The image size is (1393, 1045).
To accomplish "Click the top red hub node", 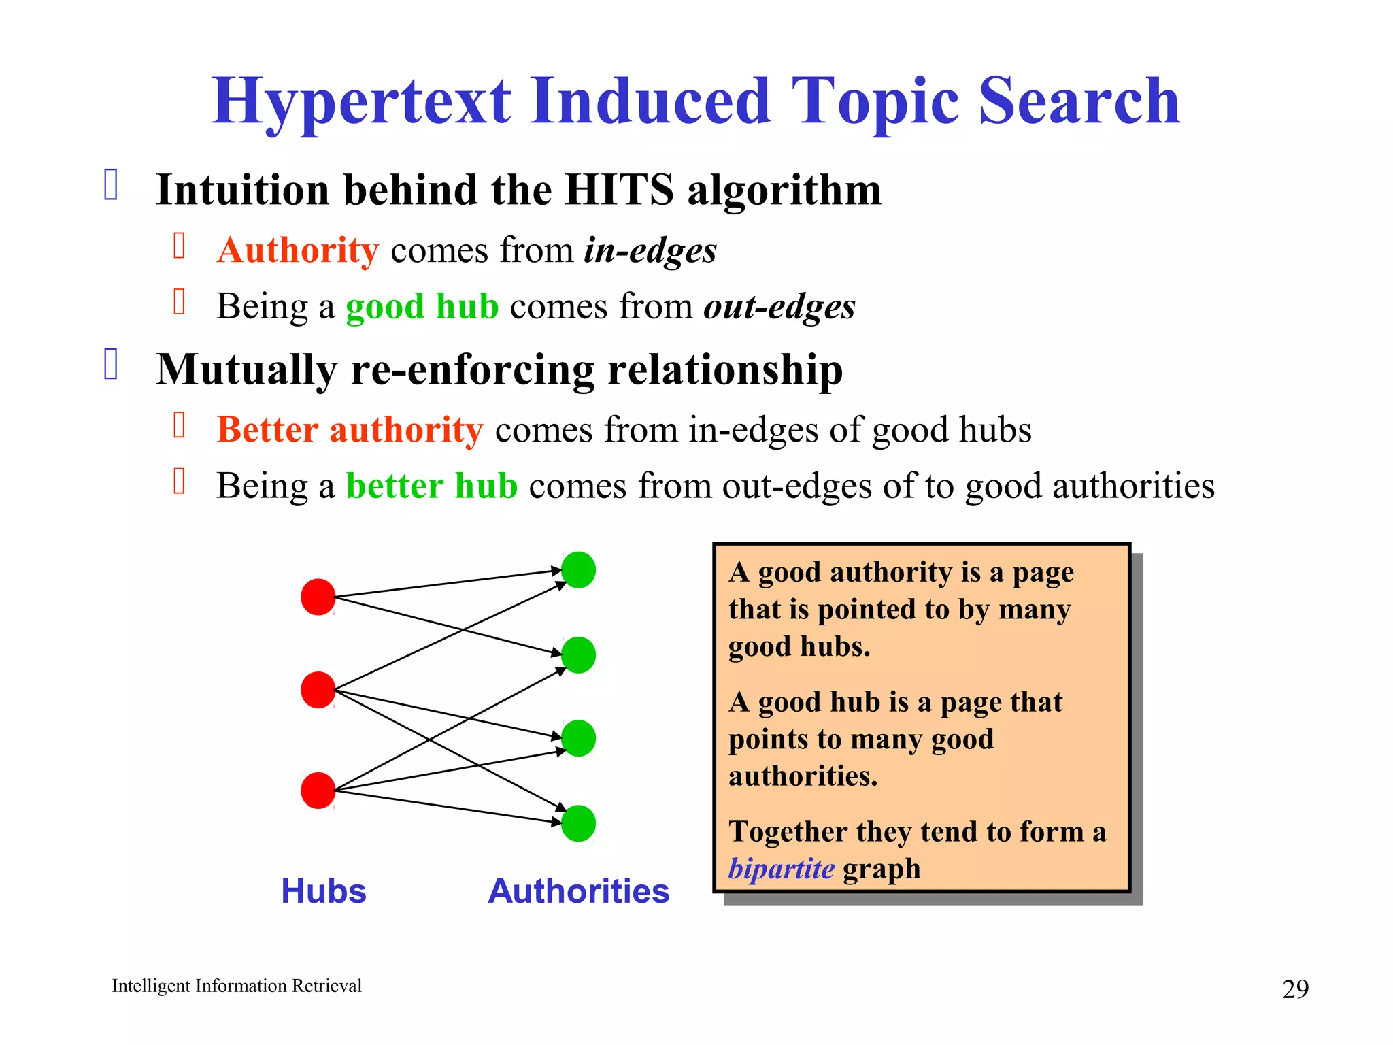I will (x=318, y=597).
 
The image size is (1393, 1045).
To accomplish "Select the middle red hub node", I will (x=318, y=689).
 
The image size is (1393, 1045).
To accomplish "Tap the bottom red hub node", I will (x=318, y=790).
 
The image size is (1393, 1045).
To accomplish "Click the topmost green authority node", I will (x=579, y=569).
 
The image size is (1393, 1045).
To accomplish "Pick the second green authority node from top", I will (x=579, y=654).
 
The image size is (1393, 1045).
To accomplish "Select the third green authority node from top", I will (x=579, y=738).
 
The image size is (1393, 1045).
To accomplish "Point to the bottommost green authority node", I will (x=579, y=823).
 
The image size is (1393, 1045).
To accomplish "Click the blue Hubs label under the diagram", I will (x=324, y=891).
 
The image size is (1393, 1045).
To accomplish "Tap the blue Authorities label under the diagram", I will (x=579, y=891).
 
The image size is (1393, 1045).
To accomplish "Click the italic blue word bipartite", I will (x=781, y=869).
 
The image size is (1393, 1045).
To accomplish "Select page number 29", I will (x=1295, y=989).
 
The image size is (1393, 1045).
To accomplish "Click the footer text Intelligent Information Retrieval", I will (x=237, y=986).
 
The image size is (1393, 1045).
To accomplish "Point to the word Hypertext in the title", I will (x=360, y=102).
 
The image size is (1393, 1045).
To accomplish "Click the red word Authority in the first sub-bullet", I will (x=298, y=250).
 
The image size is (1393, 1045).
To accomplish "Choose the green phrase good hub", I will (x=422, y=306).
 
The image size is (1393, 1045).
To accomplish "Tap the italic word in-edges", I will (x=650, y=250).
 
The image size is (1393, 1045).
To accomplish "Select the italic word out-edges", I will (x=779, y=306).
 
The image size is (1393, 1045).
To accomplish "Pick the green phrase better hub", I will (x=432, y=486).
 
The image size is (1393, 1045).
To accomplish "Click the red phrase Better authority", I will (x=350, y=430).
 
